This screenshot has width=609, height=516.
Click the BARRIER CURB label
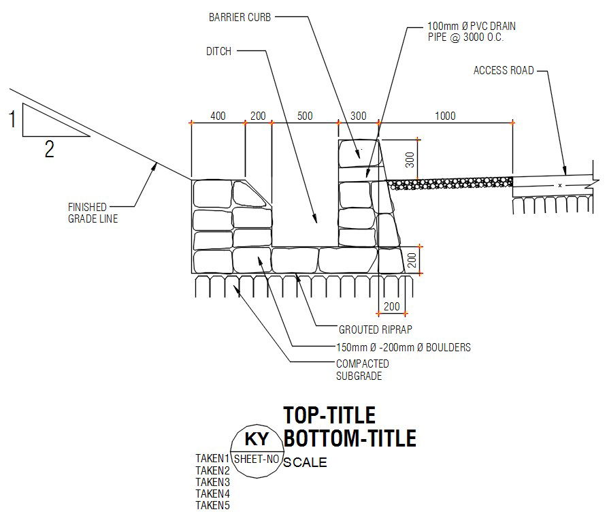click(x=240, y=18)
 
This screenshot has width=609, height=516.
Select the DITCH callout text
click(x=218, y=51)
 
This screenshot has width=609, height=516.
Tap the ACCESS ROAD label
click(x=504, y=70)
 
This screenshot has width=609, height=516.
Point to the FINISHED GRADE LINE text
click(x=93, y=213)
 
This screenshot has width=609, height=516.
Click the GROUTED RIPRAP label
click(x=375, y=330)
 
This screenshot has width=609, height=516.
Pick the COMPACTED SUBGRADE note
click(x=363, y=370)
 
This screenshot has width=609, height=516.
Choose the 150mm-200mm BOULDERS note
click(x=404, y=347)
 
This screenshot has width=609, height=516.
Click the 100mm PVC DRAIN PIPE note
click(x=472, y=32)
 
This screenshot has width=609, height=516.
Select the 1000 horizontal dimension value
click(x=445, y=116)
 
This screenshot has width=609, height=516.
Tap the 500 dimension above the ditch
click(x=305, y=116)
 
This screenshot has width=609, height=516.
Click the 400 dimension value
click(x=218, y=116)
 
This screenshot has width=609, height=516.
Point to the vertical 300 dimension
click(x=410, y=160)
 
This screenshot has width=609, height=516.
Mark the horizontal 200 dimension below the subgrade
click(x=391, y=306)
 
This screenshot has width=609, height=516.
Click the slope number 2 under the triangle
click(x=49, y=149)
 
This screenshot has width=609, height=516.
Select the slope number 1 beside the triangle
click(x=12, y=119)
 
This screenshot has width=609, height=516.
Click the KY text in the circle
click(x=257, y=440)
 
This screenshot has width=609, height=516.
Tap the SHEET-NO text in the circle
click(x=257, y=459)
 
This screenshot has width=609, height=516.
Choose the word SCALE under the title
click(x=305, y=462)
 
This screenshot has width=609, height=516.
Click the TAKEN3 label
click(x=212, y=482)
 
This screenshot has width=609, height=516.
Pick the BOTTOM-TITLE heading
click(x=350, y=438)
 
